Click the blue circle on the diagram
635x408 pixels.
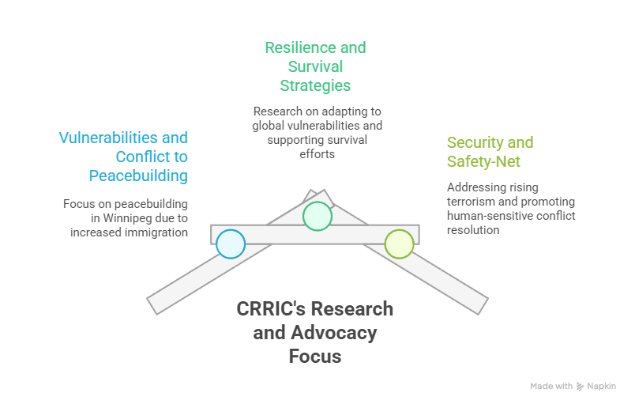click(x=231, y=244)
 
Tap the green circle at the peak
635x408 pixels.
click(x=317, y=216)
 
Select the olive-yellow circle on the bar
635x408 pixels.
click(x=399, y=244)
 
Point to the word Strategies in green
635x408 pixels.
click(x=315, y=85)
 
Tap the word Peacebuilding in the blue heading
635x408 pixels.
click(x=138, y=175)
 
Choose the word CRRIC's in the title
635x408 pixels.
click(x=271, y=308)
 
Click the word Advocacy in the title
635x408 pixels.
click(x=332, y=333)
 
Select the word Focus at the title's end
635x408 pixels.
click(x=315, y=357)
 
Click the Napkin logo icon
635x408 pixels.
click(x=581, y=387)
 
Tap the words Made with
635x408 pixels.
click(x=551, y=387)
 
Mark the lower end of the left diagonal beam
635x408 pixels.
click(x=156, y=303)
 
